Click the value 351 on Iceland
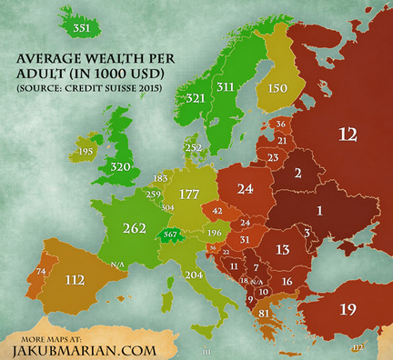(81, 29)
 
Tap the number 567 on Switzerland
(171, 235)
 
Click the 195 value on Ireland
(62, 152)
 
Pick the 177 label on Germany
(188, 194)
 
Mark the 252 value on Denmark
(193, 147)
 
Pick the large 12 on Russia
(347, 135)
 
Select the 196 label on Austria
(214, 233)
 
